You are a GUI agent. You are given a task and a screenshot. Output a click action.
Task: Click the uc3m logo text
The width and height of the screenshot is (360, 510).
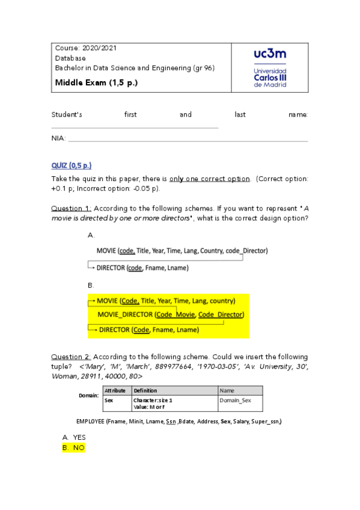(x=270, y=55)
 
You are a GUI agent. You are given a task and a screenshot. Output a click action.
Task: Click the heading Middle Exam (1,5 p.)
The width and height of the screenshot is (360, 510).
(x=96, y=82)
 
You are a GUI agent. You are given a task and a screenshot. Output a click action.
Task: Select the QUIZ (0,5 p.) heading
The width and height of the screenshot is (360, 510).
(x=72, y=165)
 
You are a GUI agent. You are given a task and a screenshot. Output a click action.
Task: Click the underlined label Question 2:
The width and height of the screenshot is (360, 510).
(x=71, y=357)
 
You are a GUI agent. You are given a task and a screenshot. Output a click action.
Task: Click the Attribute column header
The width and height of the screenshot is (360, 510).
(x=115, y=391)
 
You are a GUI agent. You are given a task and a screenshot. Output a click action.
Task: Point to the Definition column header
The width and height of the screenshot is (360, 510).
(x=145, y=391)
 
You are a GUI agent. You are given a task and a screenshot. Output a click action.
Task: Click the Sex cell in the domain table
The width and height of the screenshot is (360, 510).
(x=109, y=400)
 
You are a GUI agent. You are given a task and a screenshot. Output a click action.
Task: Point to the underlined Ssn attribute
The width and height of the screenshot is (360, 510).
(x=170, y=422)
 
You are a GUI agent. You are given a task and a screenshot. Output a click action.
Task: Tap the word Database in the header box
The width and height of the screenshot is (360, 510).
(x=70, y=58)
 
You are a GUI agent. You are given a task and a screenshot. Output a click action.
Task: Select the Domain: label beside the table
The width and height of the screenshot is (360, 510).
(x=89, y=396)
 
